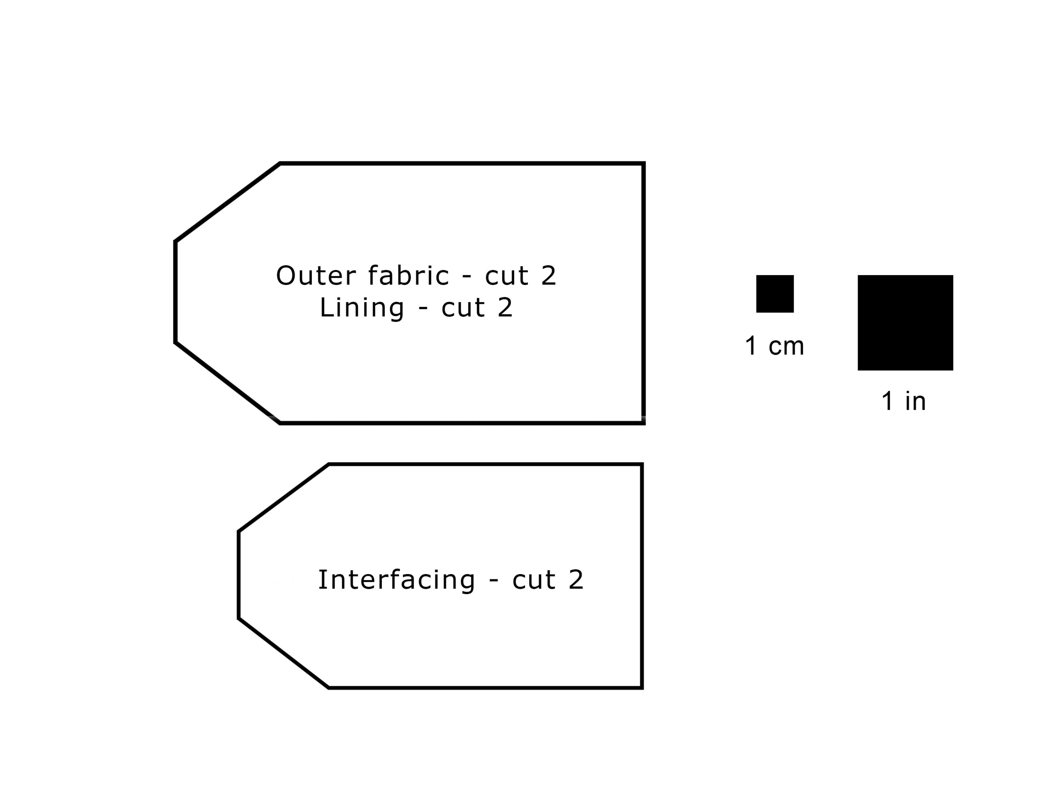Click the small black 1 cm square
[775, 294]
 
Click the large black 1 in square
[905, 323]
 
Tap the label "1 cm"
[774, 346]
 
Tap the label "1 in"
[903, 401]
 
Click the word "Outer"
[316, 276]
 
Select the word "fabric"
[409, 275]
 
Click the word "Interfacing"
[397, 580]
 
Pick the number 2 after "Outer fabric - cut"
[548, 276]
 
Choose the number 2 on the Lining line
[505, 307]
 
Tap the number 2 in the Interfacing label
[576, 580]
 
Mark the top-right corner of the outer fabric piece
[644, 164]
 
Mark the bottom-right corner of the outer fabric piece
[644, 423]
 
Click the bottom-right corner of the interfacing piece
[642, 688]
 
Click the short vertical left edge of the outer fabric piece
[176, 292]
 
